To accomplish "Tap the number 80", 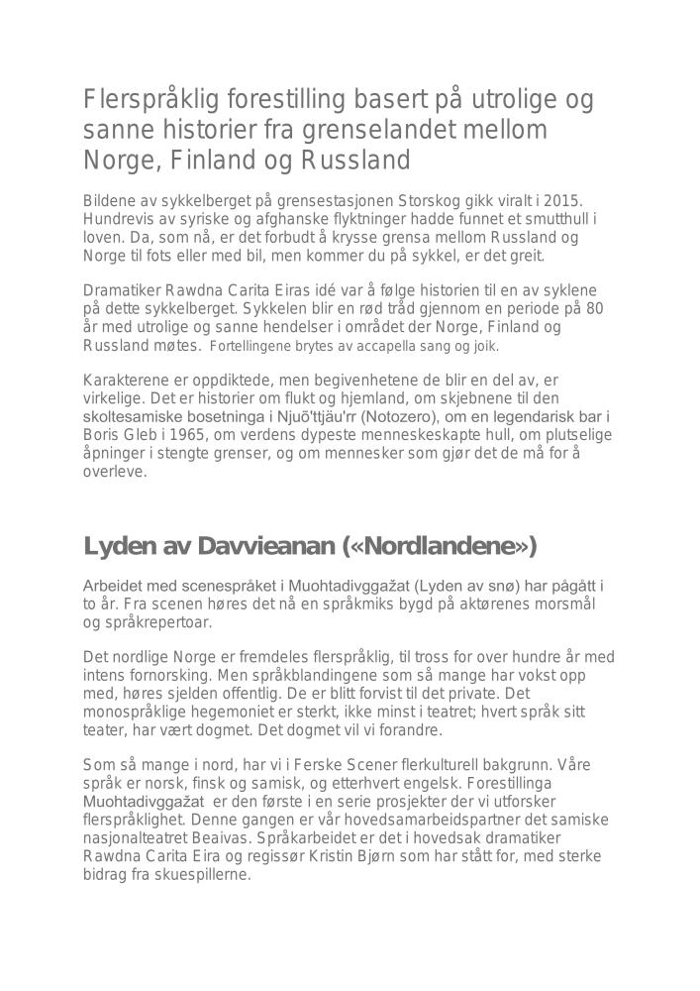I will point(594,308).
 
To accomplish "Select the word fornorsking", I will point(163,676).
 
